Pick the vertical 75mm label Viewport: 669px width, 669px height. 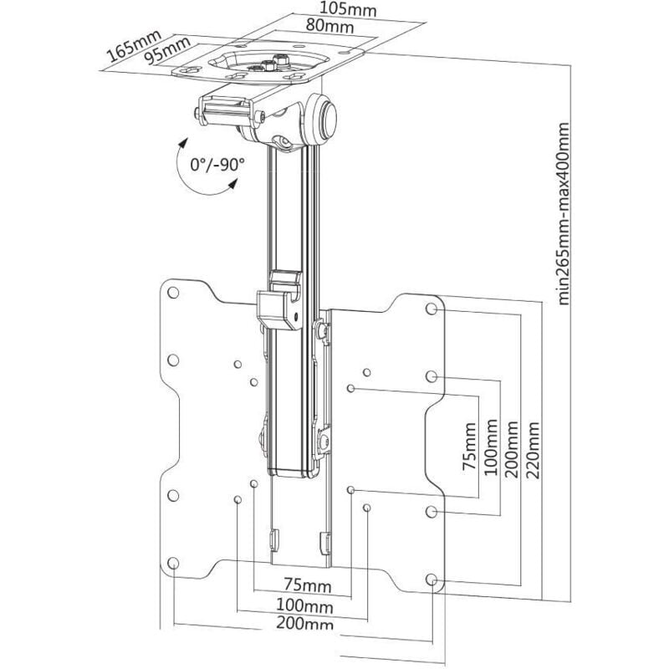470,452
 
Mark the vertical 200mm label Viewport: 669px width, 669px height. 513,451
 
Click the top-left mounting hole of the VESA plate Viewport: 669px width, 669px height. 173,294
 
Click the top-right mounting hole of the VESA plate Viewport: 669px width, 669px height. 432,309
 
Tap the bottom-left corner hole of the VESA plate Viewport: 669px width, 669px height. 173,563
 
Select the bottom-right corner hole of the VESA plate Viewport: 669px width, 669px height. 432,579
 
